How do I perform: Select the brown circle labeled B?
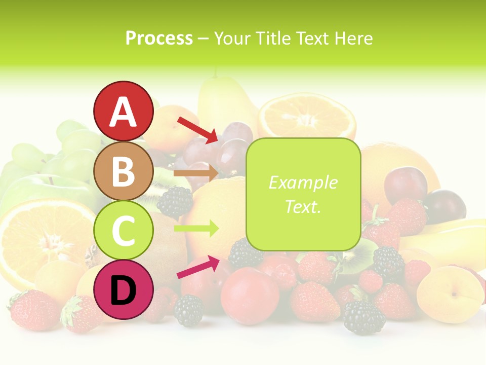123,171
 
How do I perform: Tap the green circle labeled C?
123,230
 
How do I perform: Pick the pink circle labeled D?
123,290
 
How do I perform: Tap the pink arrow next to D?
198,267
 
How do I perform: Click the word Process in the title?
159,39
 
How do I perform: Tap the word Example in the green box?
303,183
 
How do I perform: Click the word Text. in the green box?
303,207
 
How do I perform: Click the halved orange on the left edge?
40,238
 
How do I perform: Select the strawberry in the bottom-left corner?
33,309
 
